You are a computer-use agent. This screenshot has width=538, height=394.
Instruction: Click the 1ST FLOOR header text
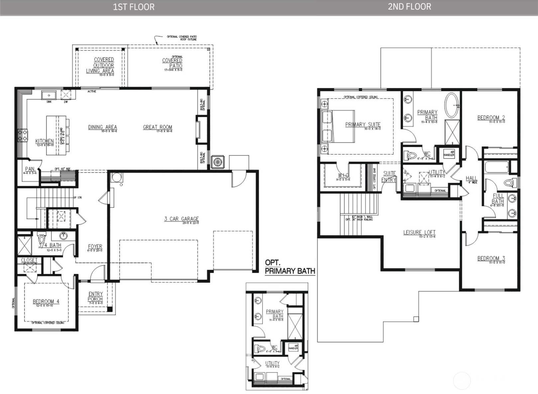pos(134,7)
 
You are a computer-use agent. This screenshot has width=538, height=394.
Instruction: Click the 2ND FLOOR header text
pos(409,7)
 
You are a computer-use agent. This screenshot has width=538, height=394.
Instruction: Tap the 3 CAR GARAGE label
pos(181,219)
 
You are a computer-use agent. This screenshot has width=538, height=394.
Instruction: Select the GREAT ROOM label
pos(158,127)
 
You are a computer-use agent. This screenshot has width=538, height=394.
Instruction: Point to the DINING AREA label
pos(102,127)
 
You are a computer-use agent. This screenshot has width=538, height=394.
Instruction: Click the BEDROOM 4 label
pos(46,302)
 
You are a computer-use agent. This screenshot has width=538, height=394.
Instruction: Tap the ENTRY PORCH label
pos(95,296)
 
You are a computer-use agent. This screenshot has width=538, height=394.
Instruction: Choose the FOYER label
pos(95,247)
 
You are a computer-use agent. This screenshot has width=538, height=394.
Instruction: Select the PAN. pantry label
pos(30,169)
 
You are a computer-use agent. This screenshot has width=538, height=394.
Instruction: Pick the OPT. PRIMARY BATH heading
pos(289,267)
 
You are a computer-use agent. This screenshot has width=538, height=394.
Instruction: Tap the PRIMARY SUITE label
pos(363,124)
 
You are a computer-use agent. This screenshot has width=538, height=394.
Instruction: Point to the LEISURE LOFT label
pos(419,232)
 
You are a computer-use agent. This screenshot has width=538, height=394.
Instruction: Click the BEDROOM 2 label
pos(491,117)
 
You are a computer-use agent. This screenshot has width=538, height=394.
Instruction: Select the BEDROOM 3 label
pos(491,258)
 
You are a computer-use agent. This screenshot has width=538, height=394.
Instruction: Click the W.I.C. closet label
pos(343,175)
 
